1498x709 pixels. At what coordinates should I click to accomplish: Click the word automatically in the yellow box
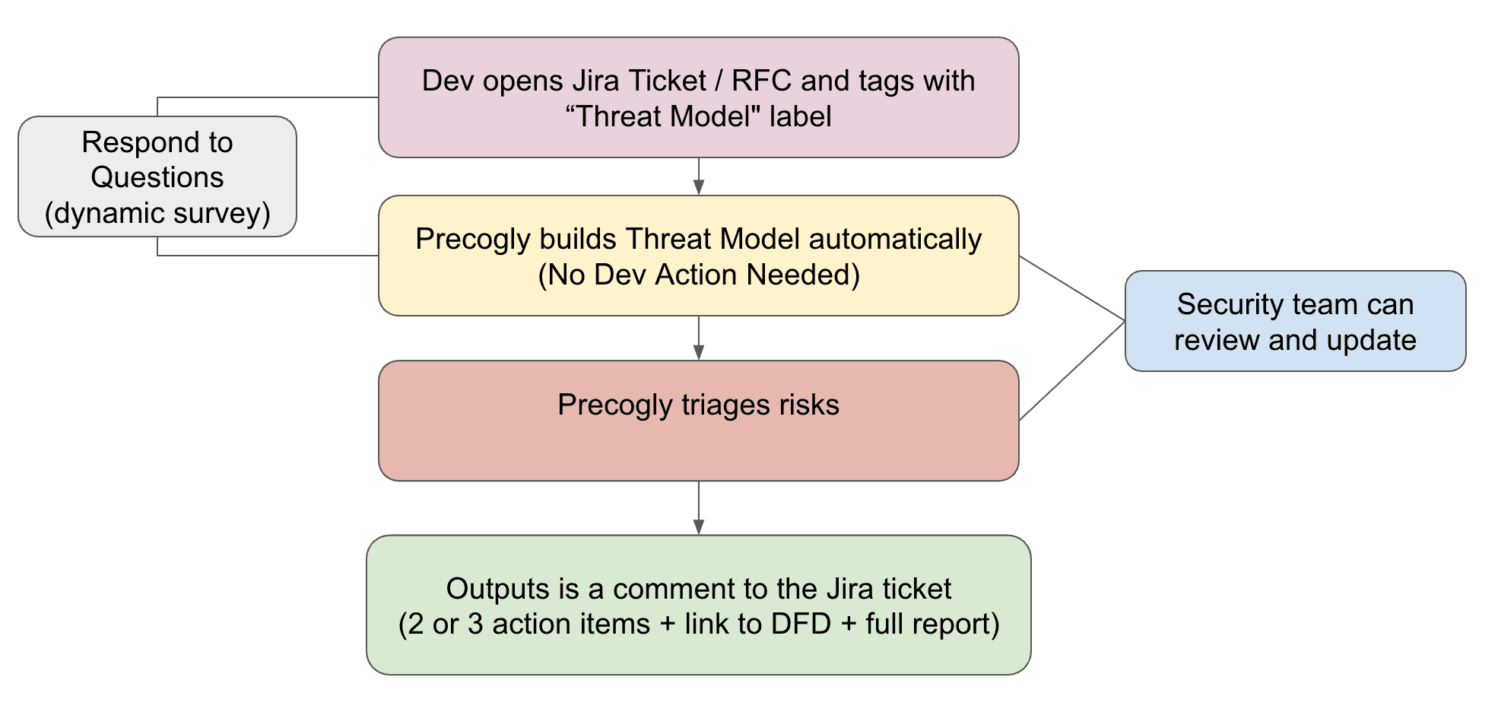[895, 239]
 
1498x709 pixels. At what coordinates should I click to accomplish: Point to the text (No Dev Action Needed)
[698, 275]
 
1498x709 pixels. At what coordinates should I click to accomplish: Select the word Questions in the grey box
[157, 177]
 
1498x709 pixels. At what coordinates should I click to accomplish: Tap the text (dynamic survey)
[157, 213]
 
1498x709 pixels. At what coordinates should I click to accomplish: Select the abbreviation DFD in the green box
[801, 625]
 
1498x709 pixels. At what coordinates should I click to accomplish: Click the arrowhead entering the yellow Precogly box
[698, 188]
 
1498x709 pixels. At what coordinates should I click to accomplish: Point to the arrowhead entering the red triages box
[698, 353]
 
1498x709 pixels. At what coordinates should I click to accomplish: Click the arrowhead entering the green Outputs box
[698, 527]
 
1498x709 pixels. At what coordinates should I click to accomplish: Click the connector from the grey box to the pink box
[266, 97]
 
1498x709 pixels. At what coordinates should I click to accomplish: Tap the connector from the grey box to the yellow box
[266, 256]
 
